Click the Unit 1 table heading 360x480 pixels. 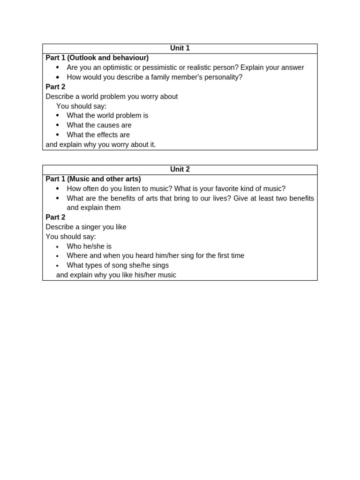pyautogui.click(x=180, y=48)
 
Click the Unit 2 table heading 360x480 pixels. pyautogui.click(x=180, y=170)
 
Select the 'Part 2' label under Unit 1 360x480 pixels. pyautogui.click(x=55, y=87)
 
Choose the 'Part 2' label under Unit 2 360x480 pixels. pyautogui.click(x=55, y=217)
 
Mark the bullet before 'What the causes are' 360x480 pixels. pyautogui.click(x=58, y=125)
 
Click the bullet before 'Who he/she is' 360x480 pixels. pyautogui.click(x=58, y=247)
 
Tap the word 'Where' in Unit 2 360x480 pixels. pyautogui.click(x=76, y=256)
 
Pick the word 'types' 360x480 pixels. pyautogui.click(x=96, y=265)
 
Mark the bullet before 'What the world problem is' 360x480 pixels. pyautogui.click(x=58, y=115)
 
